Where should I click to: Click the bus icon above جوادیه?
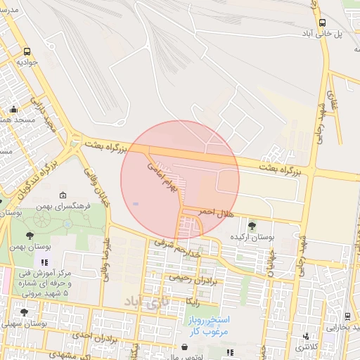click(x=27, y=52)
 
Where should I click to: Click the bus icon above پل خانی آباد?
click(x=322, y=22)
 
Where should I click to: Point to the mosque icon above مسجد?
click(x=14, y=110)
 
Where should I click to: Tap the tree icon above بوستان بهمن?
click(x=29, y=237)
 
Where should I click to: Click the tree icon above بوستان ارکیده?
click(x=252, y=226)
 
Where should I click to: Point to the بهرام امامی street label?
click(x=160, y=169)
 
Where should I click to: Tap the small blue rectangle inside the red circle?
click(x=136, y=204)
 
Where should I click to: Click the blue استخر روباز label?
click(x=209, y=319)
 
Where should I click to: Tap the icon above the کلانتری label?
click(x=306, y=337)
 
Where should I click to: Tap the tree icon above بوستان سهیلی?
click(x=25, y=313)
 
